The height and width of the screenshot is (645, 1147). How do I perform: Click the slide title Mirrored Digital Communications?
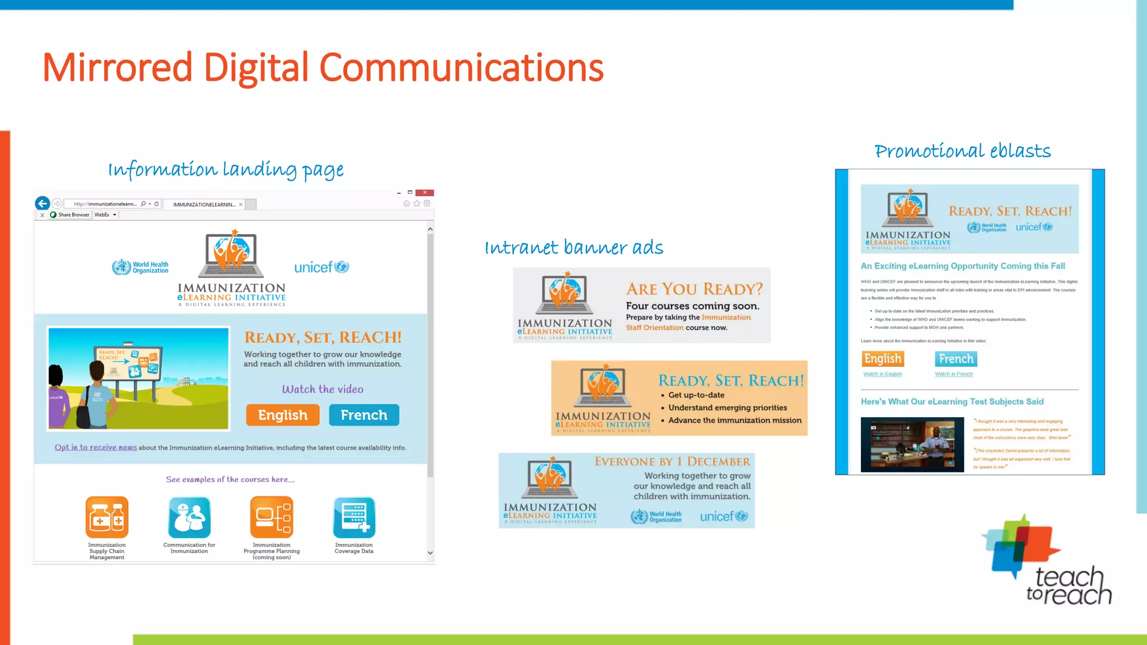tap(323, 68)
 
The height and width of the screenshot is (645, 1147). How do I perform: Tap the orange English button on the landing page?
tap(283, 415)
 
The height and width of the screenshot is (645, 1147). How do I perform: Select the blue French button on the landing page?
tap(364, 415)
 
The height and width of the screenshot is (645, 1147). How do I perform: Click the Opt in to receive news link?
tap(96, 447)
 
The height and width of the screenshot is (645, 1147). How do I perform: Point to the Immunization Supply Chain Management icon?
tap(107, 517)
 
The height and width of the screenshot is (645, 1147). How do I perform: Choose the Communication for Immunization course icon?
tap(189, 517)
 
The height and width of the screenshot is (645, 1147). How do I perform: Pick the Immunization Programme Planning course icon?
tap(272, 517)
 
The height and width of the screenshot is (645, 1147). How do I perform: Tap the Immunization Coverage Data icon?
tap(354, 517)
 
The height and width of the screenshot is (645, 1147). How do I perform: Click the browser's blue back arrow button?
tap(43, 203)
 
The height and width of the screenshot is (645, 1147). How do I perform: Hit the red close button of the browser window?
tap(425, 193)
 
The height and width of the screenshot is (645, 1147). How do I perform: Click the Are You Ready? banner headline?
tap(694, 289)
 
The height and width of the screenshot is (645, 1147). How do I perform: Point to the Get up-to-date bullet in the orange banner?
tap(696, 395)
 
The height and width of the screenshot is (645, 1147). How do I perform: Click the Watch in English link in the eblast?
tap(883, 374)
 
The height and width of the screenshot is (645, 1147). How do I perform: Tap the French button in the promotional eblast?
tap(956, 359)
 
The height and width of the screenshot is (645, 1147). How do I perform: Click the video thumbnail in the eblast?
tap(912, 445)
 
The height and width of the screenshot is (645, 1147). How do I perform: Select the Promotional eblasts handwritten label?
tap(963, 151)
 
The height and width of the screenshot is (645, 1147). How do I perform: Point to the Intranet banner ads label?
tap(574, 247)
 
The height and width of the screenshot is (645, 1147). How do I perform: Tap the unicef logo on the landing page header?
tap(321, 267)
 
